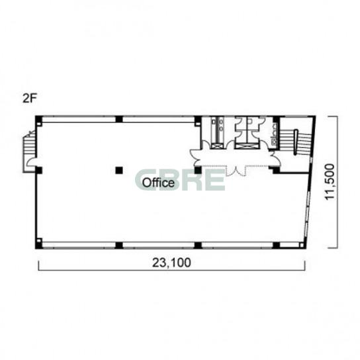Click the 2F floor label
point(29,99)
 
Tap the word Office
point(158,183)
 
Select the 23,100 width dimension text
point(171,263)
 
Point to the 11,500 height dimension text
point(330,181)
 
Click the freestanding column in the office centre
point(119,170)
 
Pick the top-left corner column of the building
point(38,119)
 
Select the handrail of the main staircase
point(296,142)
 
